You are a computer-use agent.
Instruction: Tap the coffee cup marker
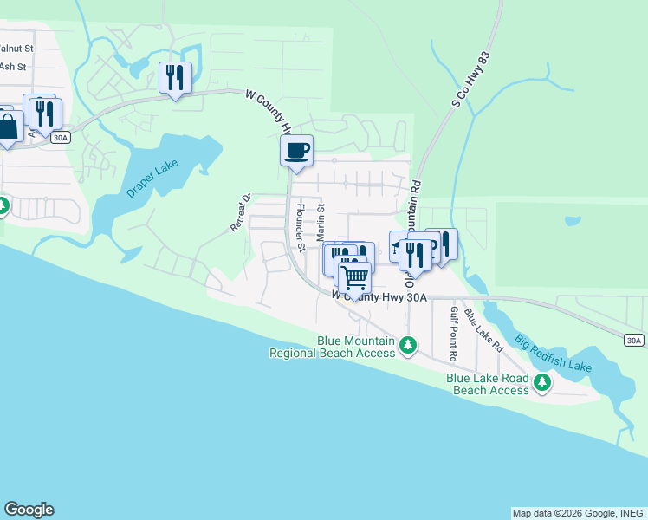click(x=296, y=152)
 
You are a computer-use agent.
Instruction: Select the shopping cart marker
click(x=353, y=278)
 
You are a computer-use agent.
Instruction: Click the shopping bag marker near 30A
click(x=8, y=127)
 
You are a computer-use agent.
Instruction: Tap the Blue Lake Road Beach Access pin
click(x=542, y=381)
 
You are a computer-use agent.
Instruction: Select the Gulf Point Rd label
click(x=452, y=334)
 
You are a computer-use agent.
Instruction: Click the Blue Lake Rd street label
click(x=483, y=329)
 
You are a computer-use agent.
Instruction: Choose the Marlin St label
click(x=320, y=223)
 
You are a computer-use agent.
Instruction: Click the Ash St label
click(x=14, y=66)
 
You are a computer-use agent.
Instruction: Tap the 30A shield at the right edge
click(x=634, y=340)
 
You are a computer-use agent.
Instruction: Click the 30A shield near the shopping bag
click(x=60, y=137)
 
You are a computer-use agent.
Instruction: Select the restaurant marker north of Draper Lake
click(x=175, y=78)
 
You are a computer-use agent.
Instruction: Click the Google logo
click(x=29, y=510)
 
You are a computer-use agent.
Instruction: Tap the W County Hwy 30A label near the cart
click(x=380, y=296)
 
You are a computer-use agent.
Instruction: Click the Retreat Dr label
click(x=240, y=213)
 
